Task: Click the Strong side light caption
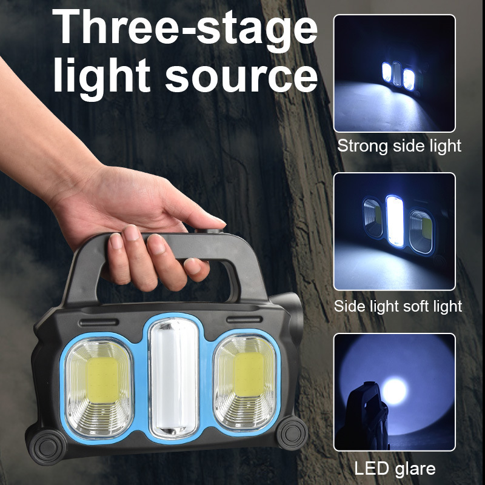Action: [x=399, y=146]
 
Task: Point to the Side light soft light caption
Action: [x=398, y=306]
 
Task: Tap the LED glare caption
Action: [x=395, y=469]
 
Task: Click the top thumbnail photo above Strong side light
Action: [x=394, y=73]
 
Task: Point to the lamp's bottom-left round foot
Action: [x=47, y=448]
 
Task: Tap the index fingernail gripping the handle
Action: [x=115, y=241]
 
